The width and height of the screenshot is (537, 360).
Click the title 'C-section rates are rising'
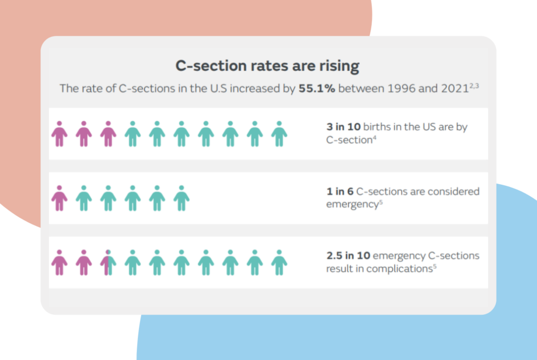pos(267,66)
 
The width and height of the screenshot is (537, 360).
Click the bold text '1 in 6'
pos(339,192)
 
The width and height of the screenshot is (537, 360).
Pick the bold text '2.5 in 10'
pos(348,256)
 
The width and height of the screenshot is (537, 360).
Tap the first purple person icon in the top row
pos(59,134)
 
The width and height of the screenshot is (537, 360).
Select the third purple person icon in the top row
pos(108,134)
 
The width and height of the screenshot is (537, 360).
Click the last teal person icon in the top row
pos(279,134)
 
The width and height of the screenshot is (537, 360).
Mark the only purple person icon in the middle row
pos(59,198)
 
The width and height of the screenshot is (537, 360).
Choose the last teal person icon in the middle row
pos(181,198)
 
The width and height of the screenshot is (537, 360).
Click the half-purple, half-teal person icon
pos(108,262)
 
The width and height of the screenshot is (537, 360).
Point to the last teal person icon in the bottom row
pos(279,262)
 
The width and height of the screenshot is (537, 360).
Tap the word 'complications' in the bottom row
pos(401,269)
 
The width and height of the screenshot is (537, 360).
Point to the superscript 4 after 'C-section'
pos(374,139)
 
